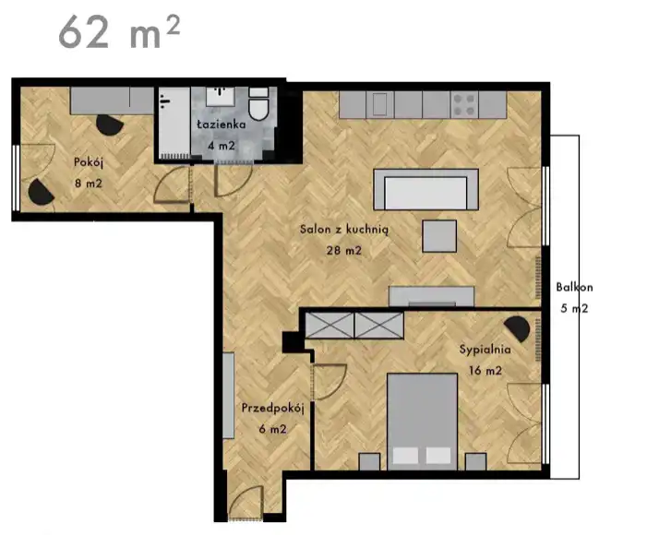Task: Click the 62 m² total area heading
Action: coord(119,32)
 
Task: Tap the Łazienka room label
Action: coord(222,125)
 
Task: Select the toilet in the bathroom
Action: coord(258,104)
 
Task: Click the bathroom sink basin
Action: coord(221,96)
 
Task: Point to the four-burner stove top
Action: coord(464,105)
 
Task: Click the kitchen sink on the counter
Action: coord(380,105)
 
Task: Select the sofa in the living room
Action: coord(425,190)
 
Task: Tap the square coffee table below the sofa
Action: coord(439,236)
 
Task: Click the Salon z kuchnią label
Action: coord(344,230)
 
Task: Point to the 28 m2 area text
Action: coord(344,250)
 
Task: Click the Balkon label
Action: coord(574,287)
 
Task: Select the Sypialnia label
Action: coord(485,350)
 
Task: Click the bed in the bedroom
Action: coord(422,422)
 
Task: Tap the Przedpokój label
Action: coord(273,409)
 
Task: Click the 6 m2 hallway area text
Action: coord(273,430)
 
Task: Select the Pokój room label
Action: coord(89,162)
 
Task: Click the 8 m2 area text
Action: coord(89,184)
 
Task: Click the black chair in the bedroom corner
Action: coord(517,328)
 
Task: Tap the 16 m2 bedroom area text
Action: coord(485,371)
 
